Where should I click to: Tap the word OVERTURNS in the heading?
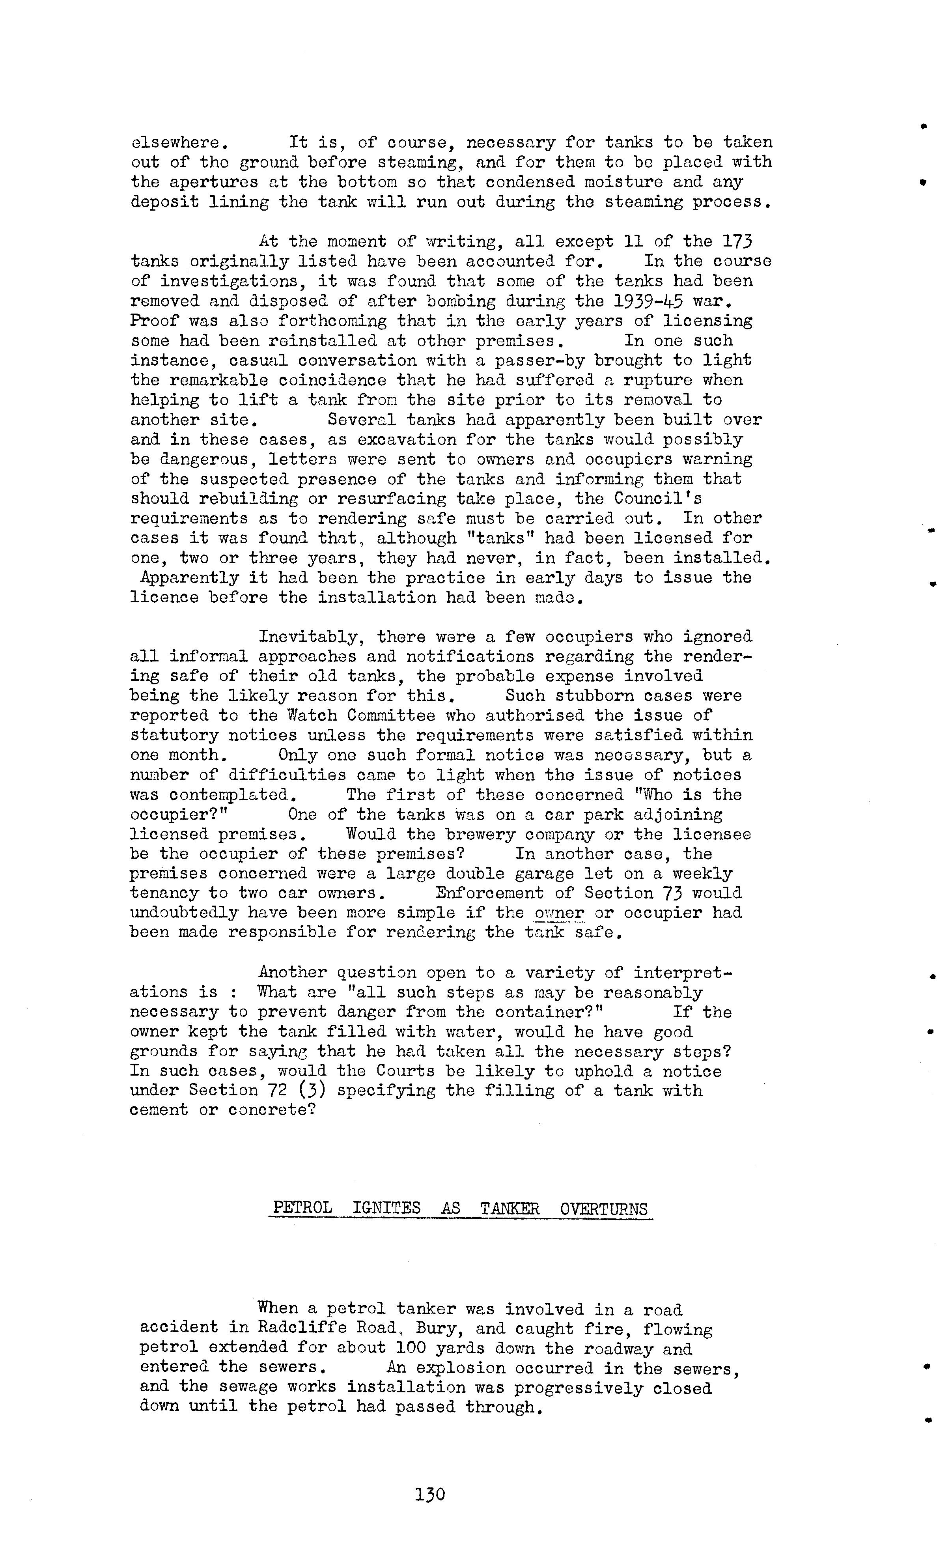603,1208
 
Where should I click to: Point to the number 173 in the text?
737,242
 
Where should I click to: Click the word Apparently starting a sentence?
190,577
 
